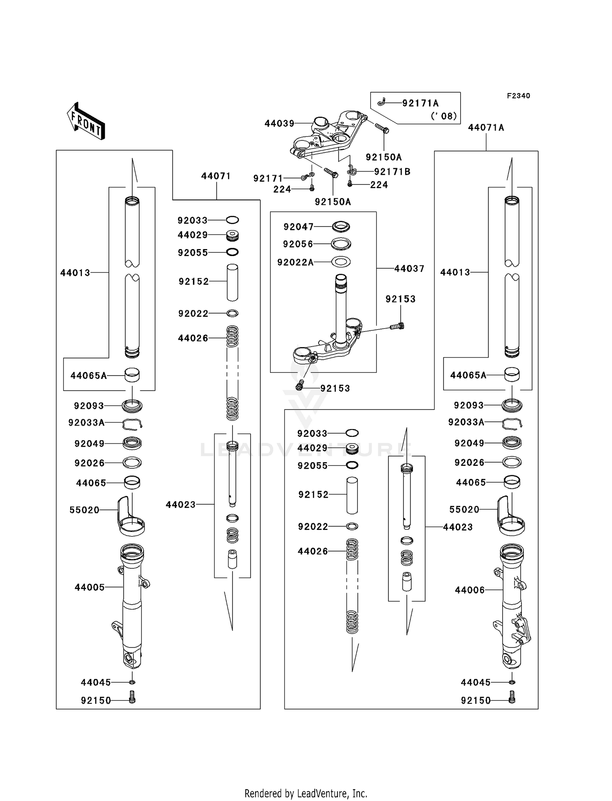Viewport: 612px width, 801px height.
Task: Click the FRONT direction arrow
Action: coord(86,121)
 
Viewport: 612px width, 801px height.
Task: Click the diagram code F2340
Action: coord(518,96)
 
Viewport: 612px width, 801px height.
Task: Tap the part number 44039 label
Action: coord(279,123)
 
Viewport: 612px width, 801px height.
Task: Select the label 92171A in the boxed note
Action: coord(420,103)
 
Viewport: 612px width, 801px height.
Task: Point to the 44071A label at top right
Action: coord(486,128)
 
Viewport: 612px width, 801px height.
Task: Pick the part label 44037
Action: coord(409,269)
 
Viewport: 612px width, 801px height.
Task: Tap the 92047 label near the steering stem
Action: coord(299,227)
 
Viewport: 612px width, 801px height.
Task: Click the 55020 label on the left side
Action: coord(84,510)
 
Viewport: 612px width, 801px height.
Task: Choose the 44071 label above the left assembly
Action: coord(216,176)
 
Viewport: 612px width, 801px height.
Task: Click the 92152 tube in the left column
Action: coord(232,282)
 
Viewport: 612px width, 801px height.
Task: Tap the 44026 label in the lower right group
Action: coord(313,551)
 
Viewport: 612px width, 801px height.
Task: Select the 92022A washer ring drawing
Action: coord(341,261)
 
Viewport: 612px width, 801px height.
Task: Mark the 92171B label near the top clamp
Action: coord(392,172)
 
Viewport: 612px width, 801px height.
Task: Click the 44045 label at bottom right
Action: coord(475,682)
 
